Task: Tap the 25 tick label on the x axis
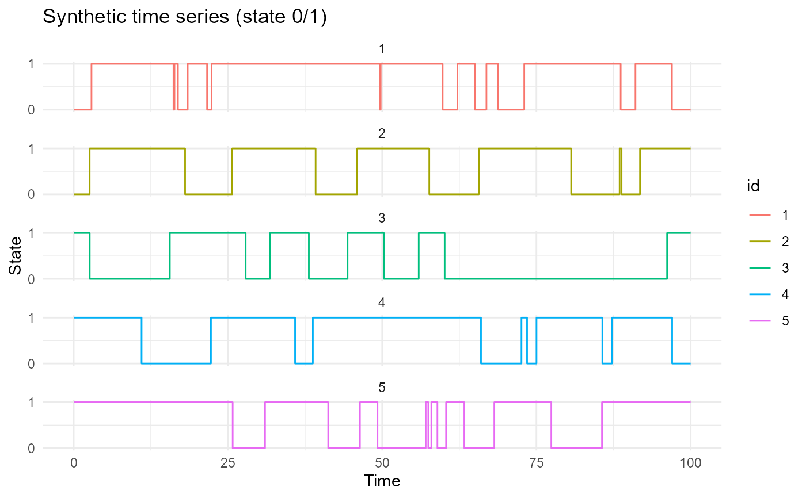[227, 463]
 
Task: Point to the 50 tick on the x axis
[382, 463]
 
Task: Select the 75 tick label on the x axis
[536, 463]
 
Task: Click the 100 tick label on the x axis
[690, 463]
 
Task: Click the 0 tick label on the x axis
[74, 463]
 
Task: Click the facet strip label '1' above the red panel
[381, 49]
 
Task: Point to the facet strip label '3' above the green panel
[381, 218]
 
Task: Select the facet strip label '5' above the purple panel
[381, 388]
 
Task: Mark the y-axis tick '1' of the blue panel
[31, 318]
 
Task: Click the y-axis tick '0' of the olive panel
[31, 194]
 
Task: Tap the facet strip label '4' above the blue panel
[381, 303]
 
